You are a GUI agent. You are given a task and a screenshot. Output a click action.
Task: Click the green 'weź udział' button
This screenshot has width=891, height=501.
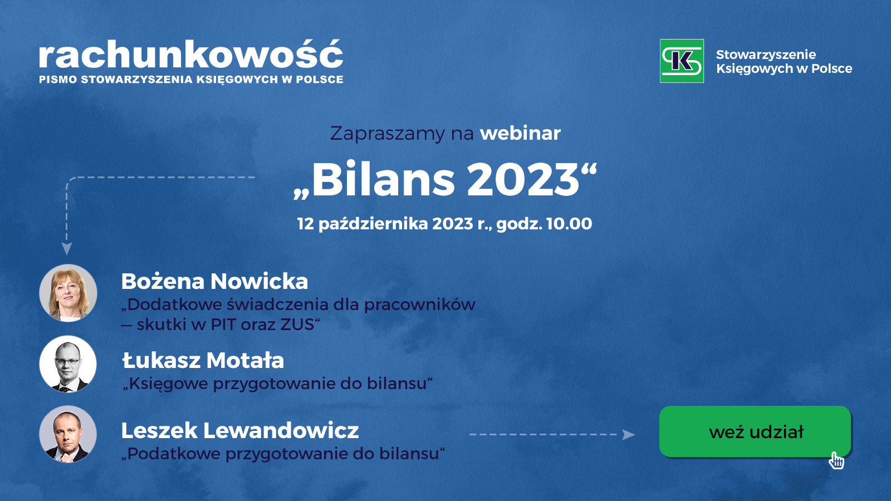click(755, 431)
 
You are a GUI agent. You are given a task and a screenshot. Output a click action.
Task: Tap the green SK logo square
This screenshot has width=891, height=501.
click(682, 61)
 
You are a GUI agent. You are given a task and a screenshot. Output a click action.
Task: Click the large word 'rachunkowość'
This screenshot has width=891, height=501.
click(191, 55)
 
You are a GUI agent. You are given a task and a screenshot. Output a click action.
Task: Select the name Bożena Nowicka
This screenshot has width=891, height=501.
click(214, 281)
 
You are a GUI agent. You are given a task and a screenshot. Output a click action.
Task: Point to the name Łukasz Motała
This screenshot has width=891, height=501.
click(203, 360)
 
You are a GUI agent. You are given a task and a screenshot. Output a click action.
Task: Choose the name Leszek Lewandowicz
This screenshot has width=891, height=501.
click(240, 430)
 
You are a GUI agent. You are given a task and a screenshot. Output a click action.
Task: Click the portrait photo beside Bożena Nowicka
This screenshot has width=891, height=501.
click(68, 293)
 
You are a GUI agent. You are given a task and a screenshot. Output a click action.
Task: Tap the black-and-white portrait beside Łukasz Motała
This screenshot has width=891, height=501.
click(68, 364)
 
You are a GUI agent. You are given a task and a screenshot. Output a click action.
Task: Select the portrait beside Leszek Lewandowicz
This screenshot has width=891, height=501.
click(68, 434)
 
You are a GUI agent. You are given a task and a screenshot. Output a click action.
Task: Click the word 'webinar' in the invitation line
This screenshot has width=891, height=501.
click(520, 133)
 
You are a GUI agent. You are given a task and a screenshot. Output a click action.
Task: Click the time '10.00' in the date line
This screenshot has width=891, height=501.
click(569, 224)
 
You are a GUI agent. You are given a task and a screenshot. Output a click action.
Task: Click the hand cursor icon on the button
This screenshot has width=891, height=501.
click(836, 461)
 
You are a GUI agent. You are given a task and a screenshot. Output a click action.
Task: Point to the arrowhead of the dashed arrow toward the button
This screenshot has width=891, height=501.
click(629, 435)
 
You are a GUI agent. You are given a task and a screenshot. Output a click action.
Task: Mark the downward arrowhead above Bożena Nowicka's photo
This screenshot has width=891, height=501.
click(67, 249)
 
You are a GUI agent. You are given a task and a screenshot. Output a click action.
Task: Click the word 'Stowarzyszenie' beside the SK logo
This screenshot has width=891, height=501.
click(766, 55)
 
